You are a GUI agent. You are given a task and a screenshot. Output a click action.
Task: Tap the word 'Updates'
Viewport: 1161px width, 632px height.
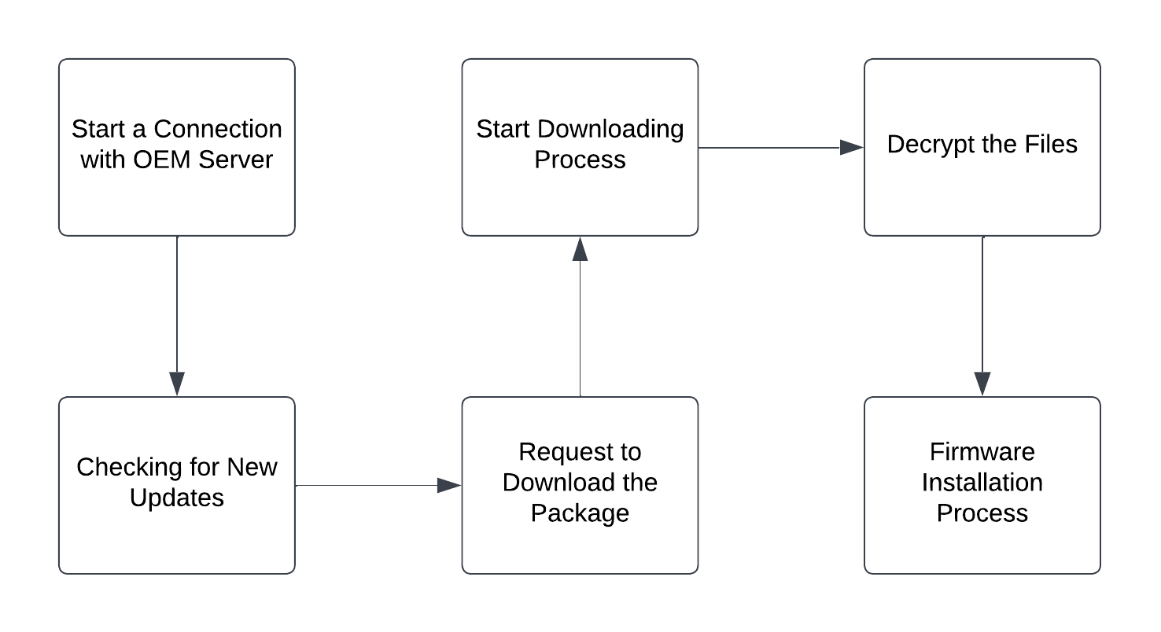click(x=177, y=498)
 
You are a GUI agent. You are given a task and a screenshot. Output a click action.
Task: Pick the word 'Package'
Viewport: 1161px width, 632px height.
click(x=580, y=513)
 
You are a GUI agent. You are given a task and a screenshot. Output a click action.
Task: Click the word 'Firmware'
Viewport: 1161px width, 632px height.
click(x=982, y=452)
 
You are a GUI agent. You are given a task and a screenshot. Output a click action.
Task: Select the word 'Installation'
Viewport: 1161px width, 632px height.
click(x=982, y=482)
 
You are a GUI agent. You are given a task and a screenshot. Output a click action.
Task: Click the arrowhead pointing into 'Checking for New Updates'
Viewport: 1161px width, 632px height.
click(x=177, y=384)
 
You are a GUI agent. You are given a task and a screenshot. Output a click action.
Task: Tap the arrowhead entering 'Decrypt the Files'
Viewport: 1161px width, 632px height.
click(x=852, y=147)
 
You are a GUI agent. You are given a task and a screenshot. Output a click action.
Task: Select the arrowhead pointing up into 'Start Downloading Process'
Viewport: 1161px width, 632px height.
click(x=580, y=248)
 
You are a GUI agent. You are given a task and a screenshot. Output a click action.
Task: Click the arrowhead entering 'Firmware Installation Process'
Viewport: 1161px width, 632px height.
click(x=982, y=384)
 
